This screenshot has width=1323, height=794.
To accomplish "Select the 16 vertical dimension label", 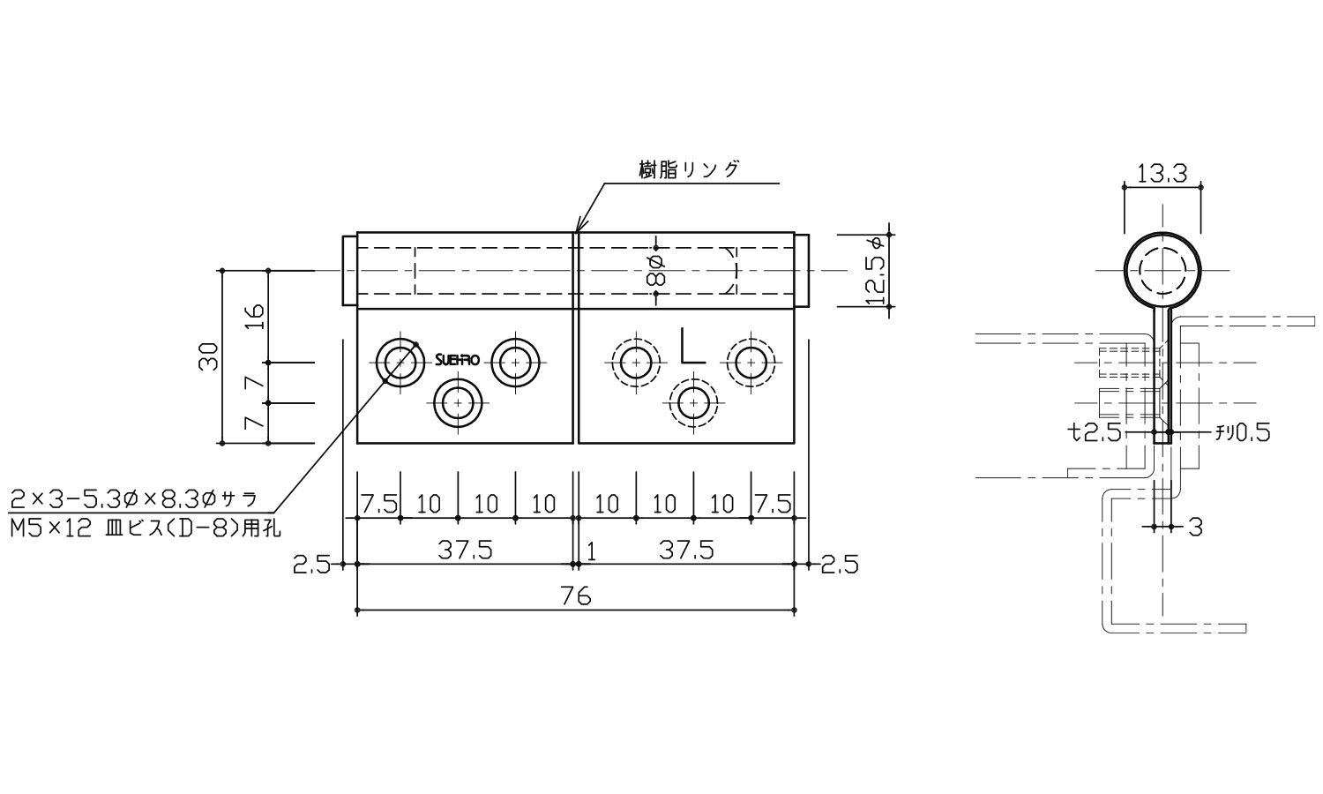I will [254, 316].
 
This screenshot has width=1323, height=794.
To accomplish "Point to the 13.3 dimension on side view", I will [1161, 174].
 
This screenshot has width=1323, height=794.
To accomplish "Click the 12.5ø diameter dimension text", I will [877, 271].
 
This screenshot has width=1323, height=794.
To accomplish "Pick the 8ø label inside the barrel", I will [655, 270].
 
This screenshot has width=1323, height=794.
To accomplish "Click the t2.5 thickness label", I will [1094, 432].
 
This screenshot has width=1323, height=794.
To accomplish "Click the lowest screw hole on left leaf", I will [458, 403].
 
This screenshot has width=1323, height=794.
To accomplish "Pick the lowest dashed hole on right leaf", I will [693, 403].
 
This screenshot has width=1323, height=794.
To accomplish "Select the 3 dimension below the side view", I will [1195, 528].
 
